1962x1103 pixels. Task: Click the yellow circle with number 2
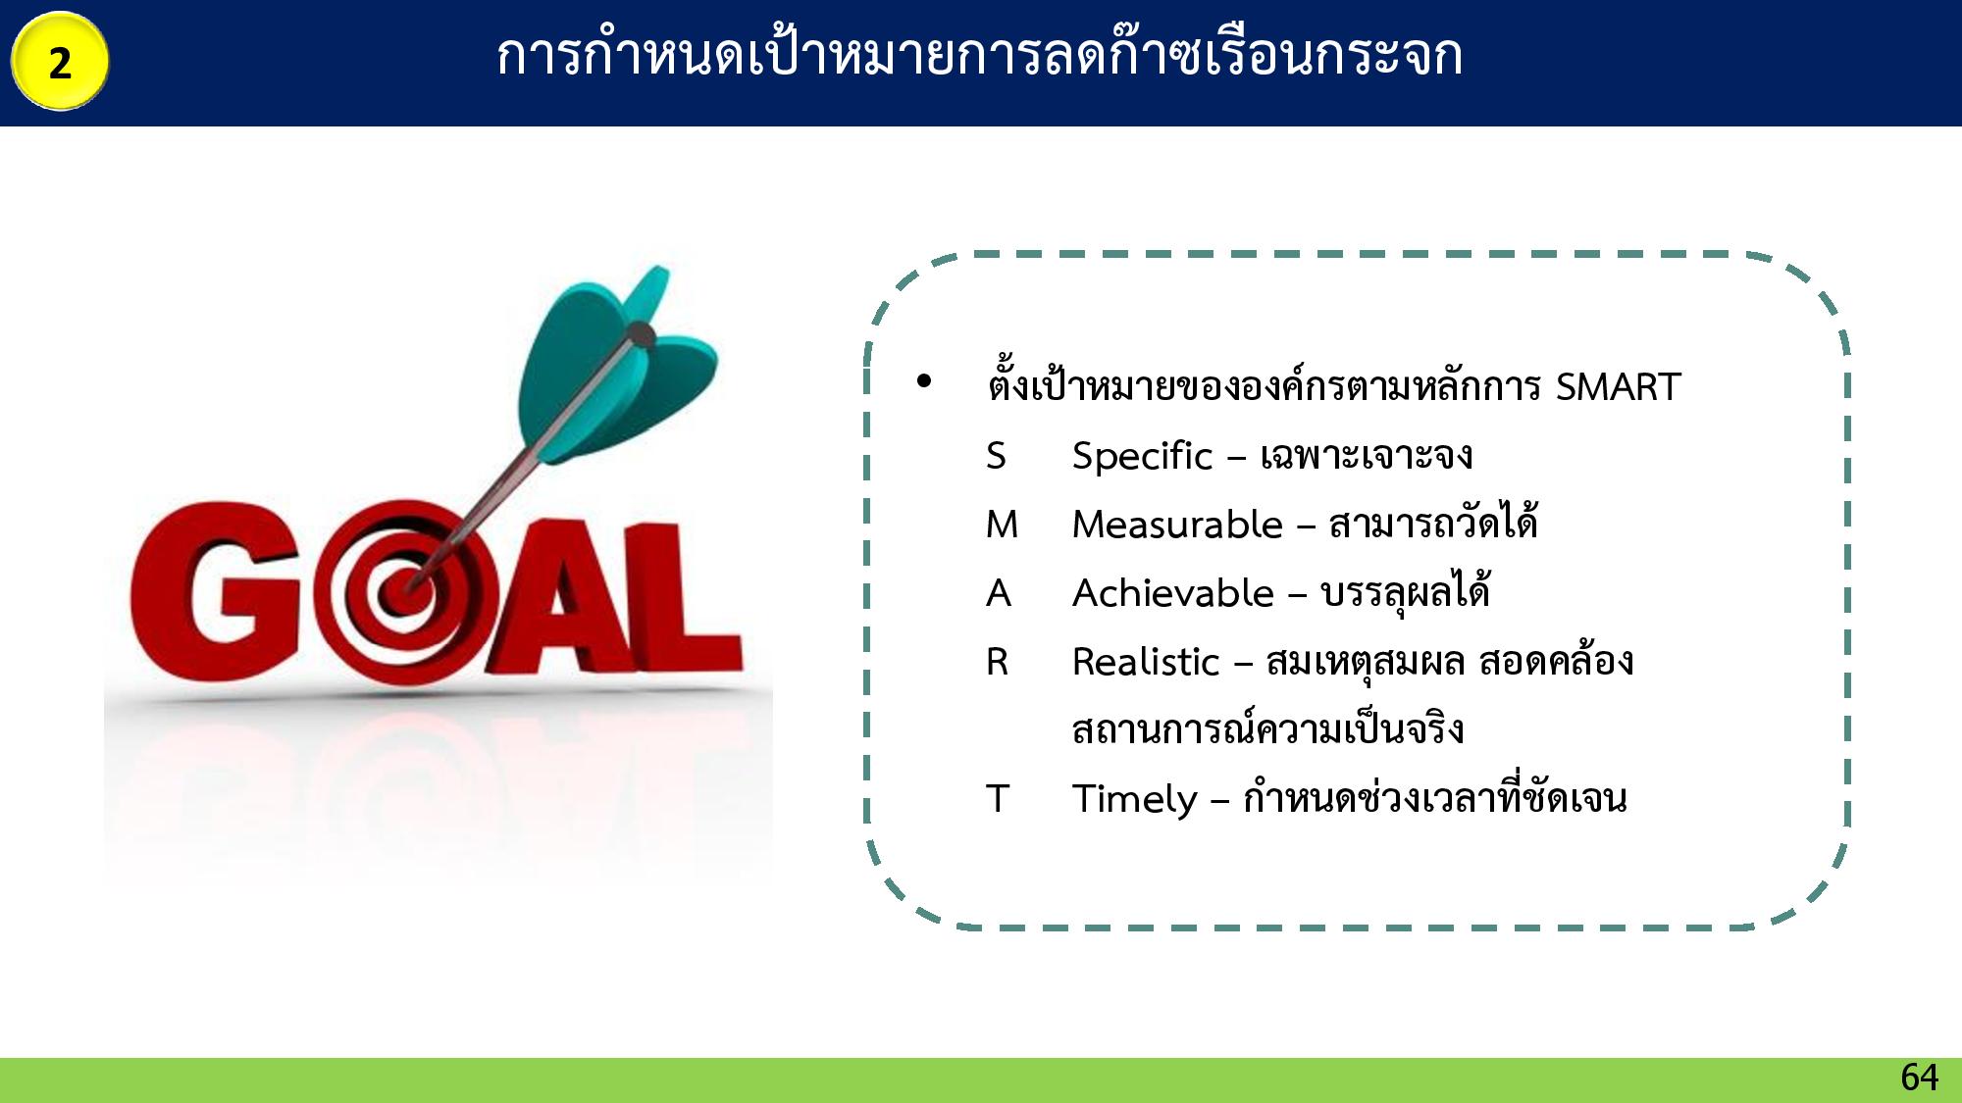(x=60, y=61)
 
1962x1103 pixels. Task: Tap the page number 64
(x=1919, y=1078)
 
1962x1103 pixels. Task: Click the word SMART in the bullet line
(x=1618, y=386)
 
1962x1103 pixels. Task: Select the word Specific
(x=1142, y=456)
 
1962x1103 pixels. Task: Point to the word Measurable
(x=1177, y=525)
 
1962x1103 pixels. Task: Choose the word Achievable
(x=1173, y=593)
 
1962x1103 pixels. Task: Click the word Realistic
(x=1146, y=662)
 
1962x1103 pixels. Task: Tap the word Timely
(x=1135, y=799)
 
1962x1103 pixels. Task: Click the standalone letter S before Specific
(x=996, y=456)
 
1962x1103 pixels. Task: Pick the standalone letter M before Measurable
(x=1002, y=525)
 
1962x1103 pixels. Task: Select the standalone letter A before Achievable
(x=999, y=593)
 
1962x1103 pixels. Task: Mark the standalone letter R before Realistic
(x=997, y=662)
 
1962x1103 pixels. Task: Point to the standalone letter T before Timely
(x=997, y=799)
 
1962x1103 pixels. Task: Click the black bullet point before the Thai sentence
(x=923, y=381)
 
